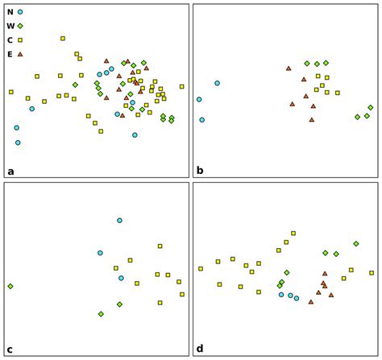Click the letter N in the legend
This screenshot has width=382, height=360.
[x=10, y=12]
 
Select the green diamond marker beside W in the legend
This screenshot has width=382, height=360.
[x=20, y=26]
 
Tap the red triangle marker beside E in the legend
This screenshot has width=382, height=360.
[x=20, y=54]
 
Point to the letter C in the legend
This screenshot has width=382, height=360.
[x=10, y=40]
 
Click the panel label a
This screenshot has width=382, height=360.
[x=10, y=171]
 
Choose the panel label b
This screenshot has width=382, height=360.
[x=200, y=171]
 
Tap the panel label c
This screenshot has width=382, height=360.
[x=10, y=350]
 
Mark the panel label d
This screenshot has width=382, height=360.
[x=200, y=350]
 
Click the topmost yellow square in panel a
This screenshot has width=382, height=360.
[x=63, y=38]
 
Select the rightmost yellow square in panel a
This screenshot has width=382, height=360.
[x=181, y=86]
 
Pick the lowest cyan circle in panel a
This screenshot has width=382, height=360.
[x=18, y=143]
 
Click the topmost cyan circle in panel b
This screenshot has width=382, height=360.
[x=217, y=83]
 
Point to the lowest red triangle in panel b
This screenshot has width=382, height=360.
[x=312, y=120]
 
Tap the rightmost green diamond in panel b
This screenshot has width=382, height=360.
[x=371, y=107]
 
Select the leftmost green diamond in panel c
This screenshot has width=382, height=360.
[x=10, y=286]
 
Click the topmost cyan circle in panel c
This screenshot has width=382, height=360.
[x=119, y=220]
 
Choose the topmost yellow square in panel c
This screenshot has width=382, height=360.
[x=160, y=246]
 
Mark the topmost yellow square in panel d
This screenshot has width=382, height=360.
[x=293, y=234]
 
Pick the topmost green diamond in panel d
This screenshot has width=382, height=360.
[x=356, y=243]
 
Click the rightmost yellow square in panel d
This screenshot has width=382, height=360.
[x=372, y=273]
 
